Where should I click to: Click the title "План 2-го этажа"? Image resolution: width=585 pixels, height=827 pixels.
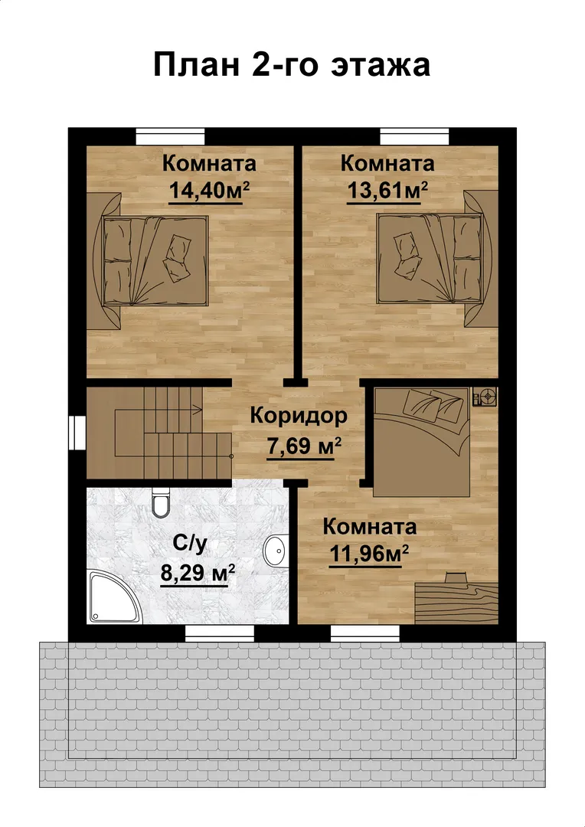pos(292,65)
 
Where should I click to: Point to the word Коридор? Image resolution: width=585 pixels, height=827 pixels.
pos(299,416)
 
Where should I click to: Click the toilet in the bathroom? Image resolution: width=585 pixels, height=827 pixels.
pos(160,502)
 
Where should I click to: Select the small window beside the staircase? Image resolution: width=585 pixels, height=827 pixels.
pos(77,433)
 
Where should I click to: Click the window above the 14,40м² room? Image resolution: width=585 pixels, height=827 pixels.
pos(171,136)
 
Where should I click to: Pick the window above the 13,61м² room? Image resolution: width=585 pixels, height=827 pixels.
pos(414,136)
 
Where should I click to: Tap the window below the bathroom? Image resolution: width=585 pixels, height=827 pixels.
pos(220,633)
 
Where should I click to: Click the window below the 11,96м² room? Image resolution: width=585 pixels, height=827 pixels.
pos(365,633)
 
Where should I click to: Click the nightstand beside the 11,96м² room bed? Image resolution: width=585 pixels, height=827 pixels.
pos(485,396)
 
